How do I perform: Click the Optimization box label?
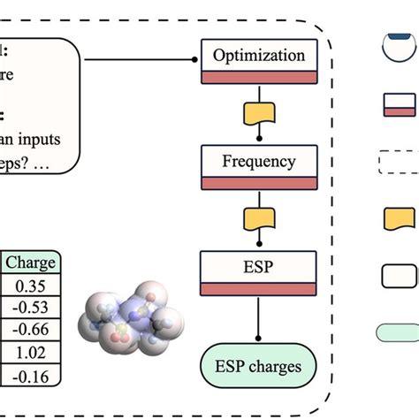pos(259,56)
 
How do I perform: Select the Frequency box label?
pos(259,162)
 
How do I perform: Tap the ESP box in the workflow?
pos(259,268)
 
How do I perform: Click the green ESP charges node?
pos(259,364)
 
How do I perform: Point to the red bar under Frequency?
pos(259,183)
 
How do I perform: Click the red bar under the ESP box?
pos(259,289)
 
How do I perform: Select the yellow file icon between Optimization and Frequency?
pos(259,113)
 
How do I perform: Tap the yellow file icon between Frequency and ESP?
pos(259,219)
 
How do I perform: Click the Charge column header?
pos(30,263)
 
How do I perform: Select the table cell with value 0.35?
pos(30,285)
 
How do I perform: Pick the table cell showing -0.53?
pos(30,307)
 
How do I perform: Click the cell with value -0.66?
pos(30,330)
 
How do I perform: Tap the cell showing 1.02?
pos(30,352)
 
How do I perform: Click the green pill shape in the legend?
pos(400,333)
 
